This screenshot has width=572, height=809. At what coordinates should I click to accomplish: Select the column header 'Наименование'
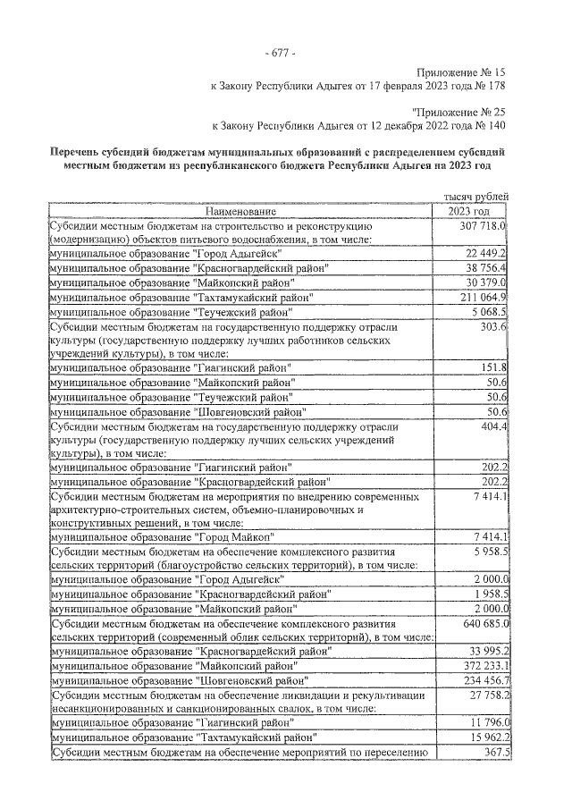[x=240, y=212]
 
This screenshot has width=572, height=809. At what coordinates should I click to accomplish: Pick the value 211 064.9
[x=481, y=297]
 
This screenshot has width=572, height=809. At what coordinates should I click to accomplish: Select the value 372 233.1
[x=481, y=665]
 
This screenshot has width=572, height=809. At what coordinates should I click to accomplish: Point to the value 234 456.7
[x=481, y=679]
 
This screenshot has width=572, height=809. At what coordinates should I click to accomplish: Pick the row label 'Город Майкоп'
[x=233, y=537]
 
